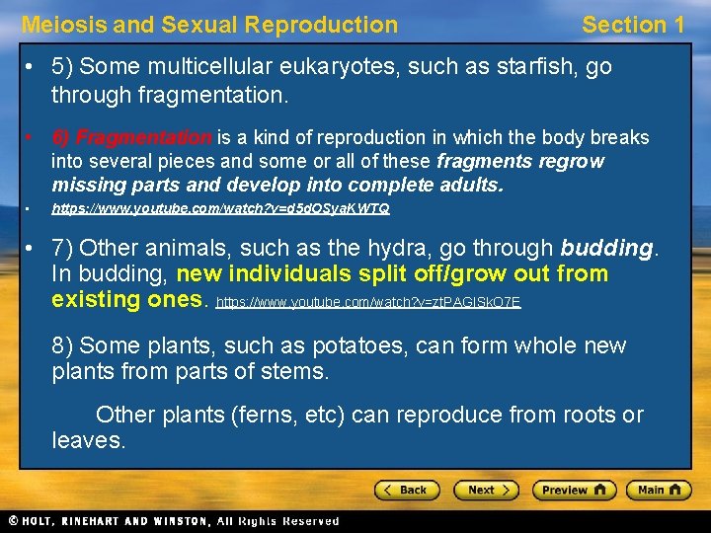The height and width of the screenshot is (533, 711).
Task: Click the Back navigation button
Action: (407, 490)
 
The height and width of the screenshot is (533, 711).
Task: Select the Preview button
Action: (574, 490)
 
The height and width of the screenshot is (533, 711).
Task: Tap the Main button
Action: (660, 490)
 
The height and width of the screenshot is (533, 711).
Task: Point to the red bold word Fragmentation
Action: (144, 137)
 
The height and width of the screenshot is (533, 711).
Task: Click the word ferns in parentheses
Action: (267, 415)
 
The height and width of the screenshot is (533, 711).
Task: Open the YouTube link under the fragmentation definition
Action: (220, 209)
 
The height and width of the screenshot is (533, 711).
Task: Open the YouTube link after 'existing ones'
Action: (368, 302)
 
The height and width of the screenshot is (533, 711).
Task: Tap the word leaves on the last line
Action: (88, 440)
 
